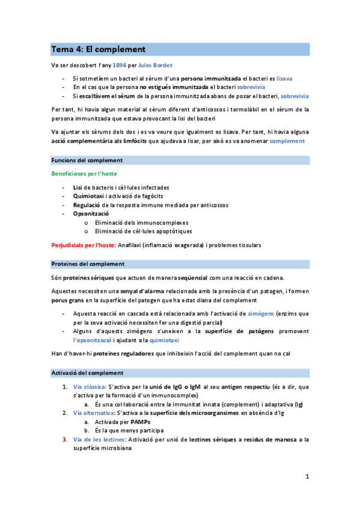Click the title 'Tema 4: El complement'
tap(98, 49)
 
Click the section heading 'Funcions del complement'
tap(87, 161)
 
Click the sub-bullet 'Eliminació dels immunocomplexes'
tap(141, 222)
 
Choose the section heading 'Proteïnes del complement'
tap(88, 264)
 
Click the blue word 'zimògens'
tap(263, 313)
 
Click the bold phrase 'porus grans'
tap(68, 300)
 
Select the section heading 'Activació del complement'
tap(87, 373)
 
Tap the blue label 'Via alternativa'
tap(93, 413)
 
